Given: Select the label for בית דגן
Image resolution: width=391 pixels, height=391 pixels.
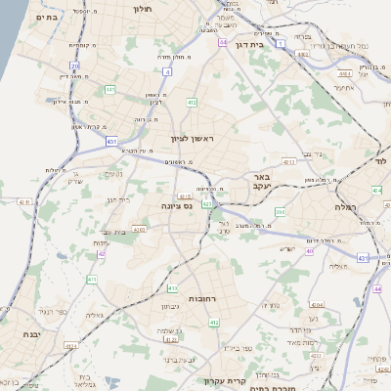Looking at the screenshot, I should pyautogui.click(x=251, y=45).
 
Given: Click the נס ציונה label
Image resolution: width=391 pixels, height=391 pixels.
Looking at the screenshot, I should pyautogui.click(x=178, y=207).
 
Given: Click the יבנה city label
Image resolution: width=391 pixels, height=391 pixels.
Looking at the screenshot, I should pyautogui.click(x=18, y=334).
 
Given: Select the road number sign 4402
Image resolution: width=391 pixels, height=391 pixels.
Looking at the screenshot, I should pyautogui.click(x=342, y=72).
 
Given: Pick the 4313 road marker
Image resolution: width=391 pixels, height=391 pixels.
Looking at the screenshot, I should pyautogui.click(x=185, y=196).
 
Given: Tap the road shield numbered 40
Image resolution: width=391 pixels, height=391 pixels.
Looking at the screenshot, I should pyautogui.click(x=309, y=251).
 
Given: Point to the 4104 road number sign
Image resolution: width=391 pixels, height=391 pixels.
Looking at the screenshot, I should pyautogui.click(x=316, y=304).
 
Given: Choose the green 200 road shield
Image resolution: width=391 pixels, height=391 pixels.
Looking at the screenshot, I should pyautogui.click(x=281, y=211).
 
